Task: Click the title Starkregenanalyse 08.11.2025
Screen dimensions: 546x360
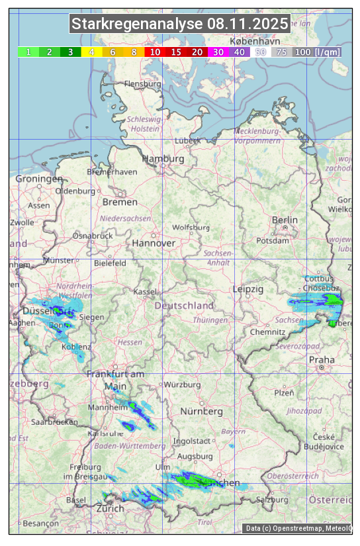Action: pos(180,24)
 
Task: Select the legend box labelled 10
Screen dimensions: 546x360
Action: pos(155,52)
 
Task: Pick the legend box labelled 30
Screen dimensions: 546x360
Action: pos(218,52)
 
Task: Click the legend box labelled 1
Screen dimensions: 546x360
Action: pos(28,52)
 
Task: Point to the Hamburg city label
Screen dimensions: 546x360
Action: pos(163,159)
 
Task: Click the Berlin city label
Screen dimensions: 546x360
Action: pos(285,220)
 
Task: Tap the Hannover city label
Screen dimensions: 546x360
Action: pos(154,243)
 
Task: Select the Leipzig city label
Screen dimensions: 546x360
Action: pos(248,289)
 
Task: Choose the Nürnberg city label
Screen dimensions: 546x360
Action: pos(202,411)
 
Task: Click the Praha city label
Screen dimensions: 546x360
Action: pos(322,359)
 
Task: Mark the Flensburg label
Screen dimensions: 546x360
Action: pos(142,84)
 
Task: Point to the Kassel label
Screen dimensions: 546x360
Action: pos(145,291)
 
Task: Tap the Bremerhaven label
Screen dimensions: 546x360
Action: pos(112,171)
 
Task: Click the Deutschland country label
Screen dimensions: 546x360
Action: pos(184,306)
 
